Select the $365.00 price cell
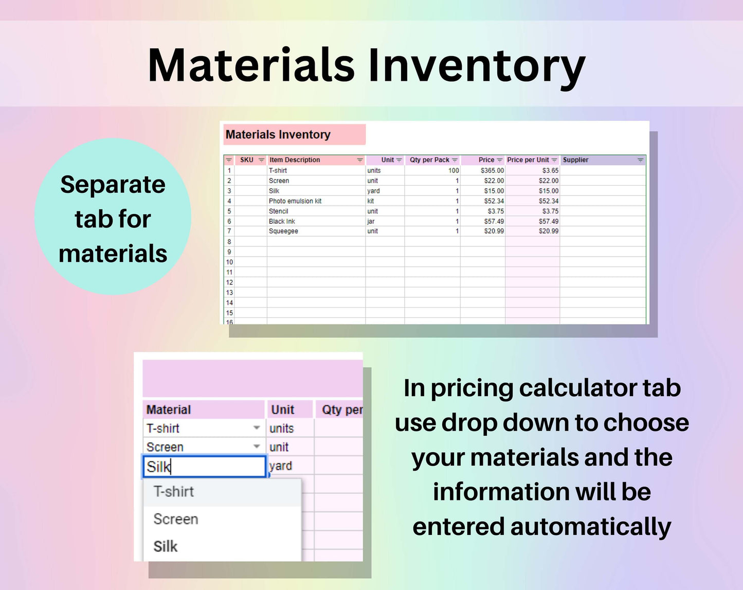[492, 170]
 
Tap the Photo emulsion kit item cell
[295, 201]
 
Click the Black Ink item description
[282, 221]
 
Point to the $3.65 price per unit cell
[550, 170]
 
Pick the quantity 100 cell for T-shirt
[454, 170]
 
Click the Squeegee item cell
[283, 231]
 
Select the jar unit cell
[371, 221]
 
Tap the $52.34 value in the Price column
[494, 201]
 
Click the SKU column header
[246, 160]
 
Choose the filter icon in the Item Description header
[360, 160]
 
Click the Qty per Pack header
[429, 160]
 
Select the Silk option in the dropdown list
[166, 546]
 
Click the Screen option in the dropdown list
[176, 519]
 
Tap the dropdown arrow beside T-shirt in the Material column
[257, 427]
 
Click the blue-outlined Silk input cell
[204, 467]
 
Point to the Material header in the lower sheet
[169, 409]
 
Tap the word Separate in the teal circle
[113, 185]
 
